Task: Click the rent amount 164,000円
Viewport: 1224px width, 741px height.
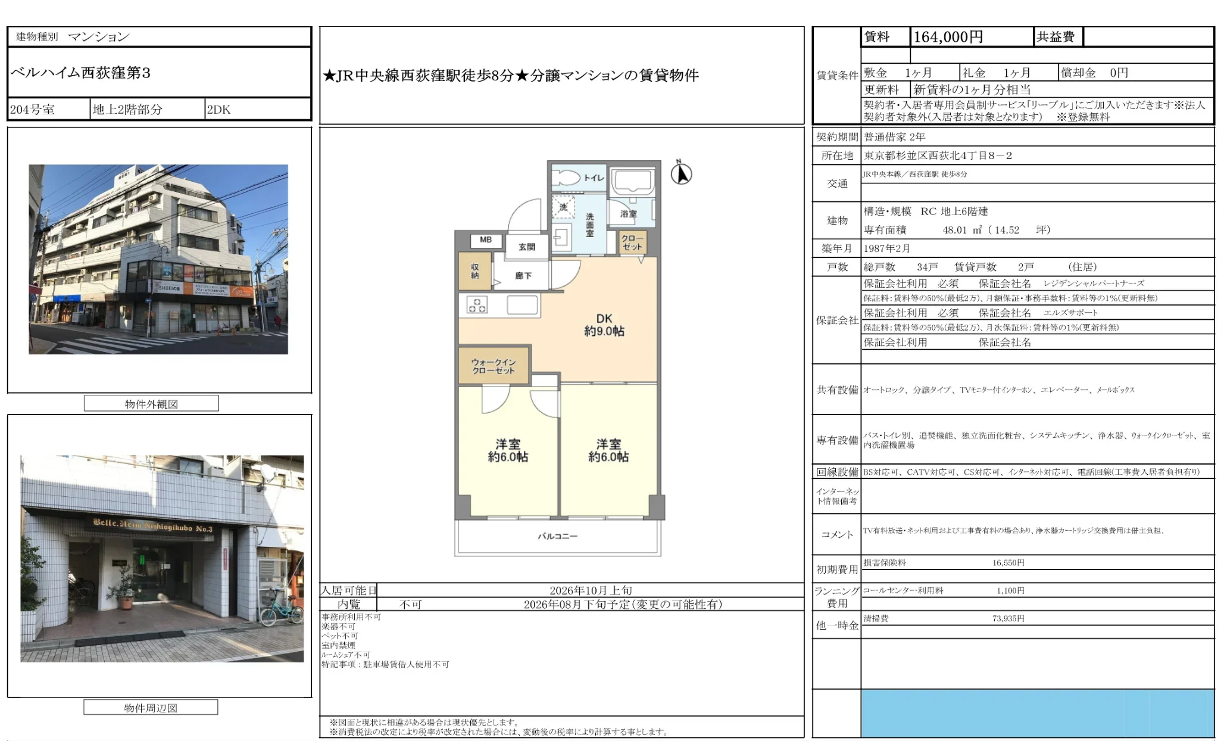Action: click(948, 37)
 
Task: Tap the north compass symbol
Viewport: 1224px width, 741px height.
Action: click(681, 173)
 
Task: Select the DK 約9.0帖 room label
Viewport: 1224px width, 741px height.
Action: click(604, 325)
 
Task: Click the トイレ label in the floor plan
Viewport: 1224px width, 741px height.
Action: click(594, 178)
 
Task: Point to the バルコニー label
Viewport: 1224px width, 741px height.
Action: click(557, 536)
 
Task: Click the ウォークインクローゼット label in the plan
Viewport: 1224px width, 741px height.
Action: click(494, 366)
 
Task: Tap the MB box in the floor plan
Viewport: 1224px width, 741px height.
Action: click(486, 240)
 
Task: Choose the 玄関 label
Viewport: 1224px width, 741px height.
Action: click(526, 247)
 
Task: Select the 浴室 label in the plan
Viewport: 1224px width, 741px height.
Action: click(629, 213)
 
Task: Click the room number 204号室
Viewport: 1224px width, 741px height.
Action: click(32, 110)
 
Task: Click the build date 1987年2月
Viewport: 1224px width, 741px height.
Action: click(887, 248)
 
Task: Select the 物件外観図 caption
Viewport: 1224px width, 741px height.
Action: click(151, 404)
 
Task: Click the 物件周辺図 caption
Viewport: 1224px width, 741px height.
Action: click(151, 708)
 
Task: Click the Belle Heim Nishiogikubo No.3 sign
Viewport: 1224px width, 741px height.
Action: click(152, 525)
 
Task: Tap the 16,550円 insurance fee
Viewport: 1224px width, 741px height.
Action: click(1008, 562)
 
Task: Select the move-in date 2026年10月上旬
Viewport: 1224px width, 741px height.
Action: click(591, 590)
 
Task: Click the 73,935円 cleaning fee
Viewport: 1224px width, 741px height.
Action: click(1008, 618)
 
